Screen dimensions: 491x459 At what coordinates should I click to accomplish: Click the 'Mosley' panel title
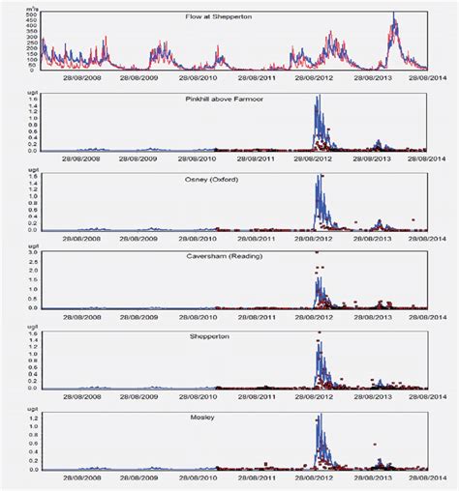point(229,418)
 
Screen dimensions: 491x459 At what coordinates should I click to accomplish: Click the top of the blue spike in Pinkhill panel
point(319,96)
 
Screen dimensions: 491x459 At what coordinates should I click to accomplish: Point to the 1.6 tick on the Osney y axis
point(32,177)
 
